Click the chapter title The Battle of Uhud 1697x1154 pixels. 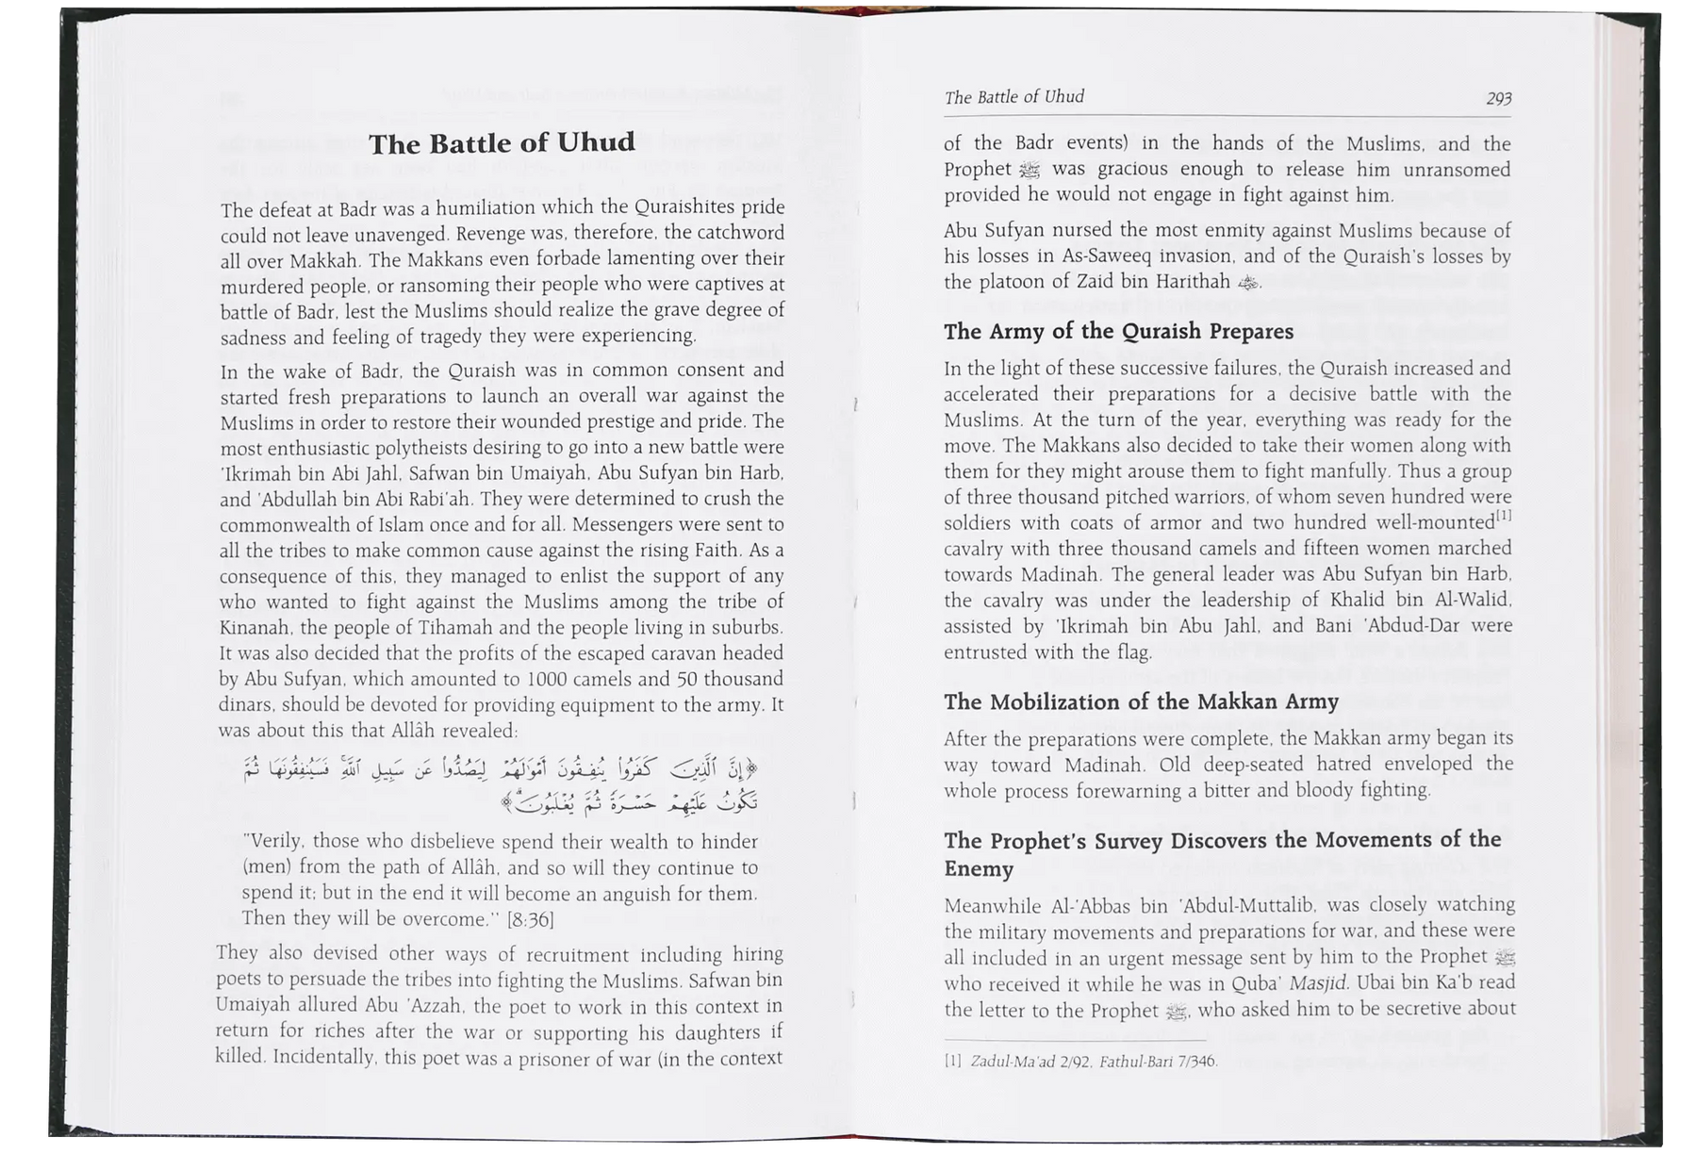pyautogui.click(x=502, y=144)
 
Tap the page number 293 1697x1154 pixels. pyautogui.click(x=1498, y=98)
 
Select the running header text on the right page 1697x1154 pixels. pyautogui.click(x=1013, y=97)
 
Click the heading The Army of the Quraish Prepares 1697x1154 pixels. pyautogui.click(x=1118, y=332)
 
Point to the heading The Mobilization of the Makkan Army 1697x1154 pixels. pyautogui.click(x=1141, y=701)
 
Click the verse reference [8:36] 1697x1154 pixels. pyautogui.click(x=531, y=919)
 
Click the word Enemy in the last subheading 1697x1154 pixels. pyautogui.click(x=979, y=869)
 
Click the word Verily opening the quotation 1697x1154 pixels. pyautogui.click(x=274, y=842)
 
